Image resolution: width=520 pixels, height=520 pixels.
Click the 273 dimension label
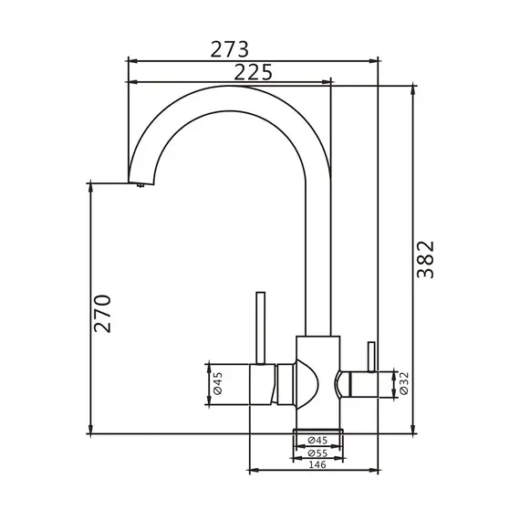[x=230, y=49]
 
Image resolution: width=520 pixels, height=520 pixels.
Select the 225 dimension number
[x=253, y=72]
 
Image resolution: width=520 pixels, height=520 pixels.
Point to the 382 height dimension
[x=425, y=260]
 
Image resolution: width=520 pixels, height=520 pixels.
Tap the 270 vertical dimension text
[x=102, y=314]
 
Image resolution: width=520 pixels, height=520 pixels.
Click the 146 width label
[x=317, y=464]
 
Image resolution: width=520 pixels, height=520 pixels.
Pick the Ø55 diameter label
[x=317, y=452]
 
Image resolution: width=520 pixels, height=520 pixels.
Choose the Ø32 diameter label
[x=404, y=383]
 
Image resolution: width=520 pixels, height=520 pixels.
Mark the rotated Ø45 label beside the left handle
[x=218, y=383]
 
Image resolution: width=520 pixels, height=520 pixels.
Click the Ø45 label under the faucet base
[x=317, y=441]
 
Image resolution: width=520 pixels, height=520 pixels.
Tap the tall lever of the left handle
[x=261, y=328]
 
